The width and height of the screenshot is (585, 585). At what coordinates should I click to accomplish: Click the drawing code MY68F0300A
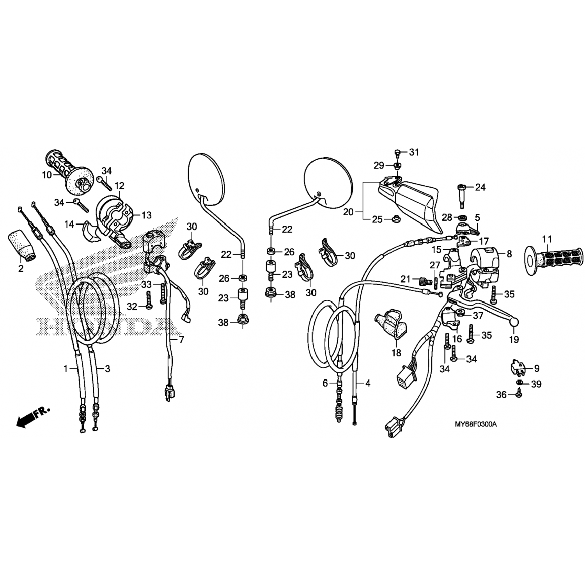pos(476,424)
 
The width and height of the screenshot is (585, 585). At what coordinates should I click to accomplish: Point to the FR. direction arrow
pos(34,416)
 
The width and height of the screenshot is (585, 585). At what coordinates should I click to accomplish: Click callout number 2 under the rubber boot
pos(20,268)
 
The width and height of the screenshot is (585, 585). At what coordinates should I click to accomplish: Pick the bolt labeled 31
pos(397,152)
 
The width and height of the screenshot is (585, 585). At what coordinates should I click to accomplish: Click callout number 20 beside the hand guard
pos(348,212)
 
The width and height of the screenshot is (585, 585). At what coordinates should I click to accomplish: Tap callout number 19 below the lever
pos(514,340)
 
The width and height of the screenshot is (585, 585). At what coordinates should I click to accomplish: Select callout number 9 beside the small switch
pos(537,368)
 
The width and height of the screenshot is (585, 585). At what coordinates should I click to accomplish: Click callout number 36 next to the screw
pos(501,395)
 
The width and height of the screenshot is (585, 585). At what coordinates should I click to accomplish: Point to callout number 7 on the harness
pos(181,340)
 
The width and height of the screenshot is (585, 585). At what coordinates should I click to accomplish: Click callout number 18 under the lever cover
pos(396,353)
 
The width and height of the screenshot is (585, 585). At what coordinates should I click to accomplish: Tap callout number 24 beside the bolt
pos(480,188)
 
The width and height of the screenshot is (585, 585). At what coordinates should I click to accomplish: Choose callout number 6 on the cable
pos(325,383)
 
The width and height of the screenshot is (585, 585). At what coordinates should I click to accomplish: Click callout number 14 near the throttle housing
pos(69,225)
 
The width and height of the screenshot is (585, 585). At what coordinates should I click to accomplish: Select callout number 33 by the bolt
pos(146,285)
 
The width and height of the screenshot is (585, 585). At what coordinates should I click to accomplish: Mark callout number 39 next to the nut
pos(536,384)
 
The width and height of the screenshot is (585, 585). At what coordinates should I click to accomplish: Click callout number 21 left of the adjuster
pos(406,279)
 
